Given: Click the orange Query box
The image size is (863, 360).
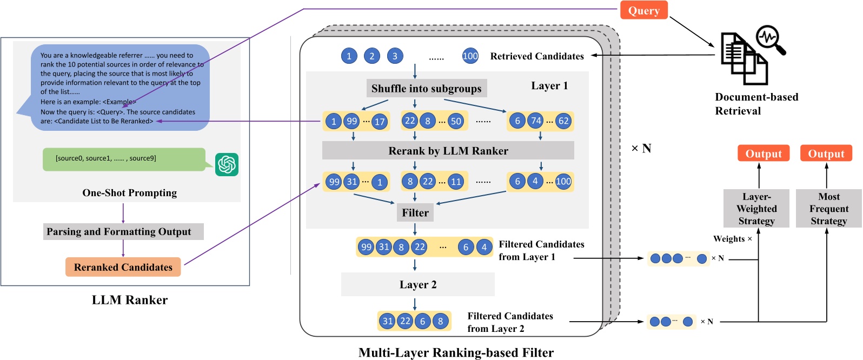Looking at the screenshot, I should click(x=643, y=11).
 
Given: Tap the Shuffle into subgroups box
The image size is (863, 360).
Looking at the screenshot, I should click(x=426, y=89).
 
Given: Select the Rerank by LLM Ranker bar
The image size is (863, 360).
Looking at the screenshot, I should click(x=448, y=151).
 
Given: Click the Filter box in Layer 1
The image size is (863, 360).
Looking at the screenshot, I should click(x=415, y=213).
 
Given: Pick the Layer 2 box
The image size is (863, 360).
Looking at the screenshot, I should click(x=417, y=285).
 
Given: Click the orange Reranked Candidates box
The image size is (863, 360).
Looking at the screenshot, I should click(x=123, y=267).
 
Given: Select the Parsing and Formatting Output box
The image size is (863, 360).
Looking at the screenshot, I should click(x=123, y=232).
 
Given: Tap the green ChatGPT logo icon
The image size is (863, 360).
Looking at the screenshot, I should click(x=227, y=164).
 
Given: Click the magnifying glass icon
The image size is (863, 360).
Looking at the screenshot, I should click(x=770, y=39).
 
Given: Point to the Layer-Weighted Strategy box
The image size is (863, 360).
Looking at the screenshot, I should click(x=756, y=209).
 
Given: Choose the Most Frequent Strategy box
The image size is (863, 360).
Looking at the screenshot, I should click(x=828, y=209).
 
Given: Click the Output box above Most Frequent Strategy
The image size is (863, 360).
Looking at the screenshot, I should click(x=826, y=154).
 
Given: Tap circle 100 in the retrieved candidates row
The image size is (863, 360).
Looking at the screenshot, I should click(x=470, y=56).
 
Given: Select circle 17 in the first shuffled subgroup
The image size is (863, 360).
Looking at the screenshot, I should click(x=380, y=122).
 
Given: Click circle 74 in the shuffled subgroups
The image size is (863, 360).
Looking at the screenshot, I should click(x=535, y=121).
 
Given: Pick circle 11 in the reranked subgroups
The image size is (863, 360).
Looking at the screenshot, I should click(x=456, y=182).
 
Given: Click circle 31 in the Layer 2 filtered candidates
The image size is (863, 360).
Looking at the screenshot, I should click(x=388, y=321).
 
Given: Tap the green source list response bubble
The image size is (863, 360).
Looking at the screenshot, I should click(x=124, y=159).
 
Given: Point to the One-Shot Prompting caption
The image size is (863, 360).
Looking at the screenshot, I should click(x=129, y=193).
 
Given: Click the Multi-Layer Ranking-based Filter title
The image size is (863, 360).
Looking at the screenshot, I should click(x=456, y=353).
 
